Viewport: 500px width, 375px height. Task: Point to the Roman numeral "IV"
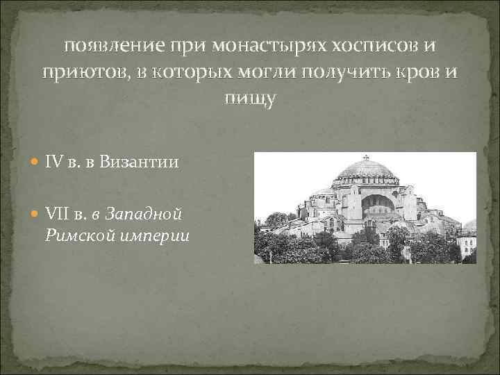click(53, 162)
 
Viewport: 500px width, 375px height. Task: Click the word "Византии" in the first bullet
click(139, 162)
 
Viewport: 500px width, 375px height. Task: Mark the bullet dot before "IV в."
click(36, 163)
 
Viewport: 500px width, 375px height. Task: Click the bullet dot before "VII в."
click(36, 211)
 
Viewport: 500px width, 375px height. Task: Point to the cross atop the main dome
click(366, 158)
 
